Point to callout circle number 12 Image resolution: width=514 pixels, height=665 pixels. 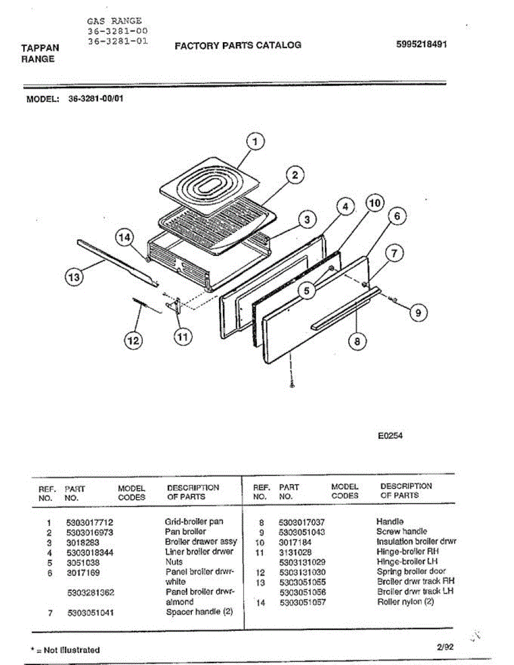click(133, 340)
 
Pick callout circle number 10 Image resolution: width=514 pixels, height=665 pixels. click(375, 203)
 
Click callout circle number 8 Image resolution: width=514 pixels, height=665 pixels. click(357, 341)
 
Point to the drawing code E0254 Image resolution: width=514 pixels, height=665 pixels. click(390, 436)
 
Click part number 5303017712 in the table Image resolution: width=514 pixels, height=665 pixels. click(89, 522)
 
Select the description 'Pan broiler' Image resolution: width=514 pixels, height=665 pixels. click(185, 531)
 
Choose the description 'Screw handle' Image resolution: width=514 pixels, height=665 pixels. click(401, 531)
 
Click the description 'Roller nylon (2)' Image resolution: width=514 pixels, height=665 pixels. click(405, 602)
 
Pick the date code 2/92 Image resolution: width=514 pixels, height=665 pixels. click(444, 646)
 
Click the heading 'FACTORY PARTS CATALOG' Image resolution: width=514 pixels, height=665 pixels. click(238, 45)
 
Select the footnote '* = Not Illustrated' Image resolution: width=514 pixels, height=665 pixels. click(65, 649)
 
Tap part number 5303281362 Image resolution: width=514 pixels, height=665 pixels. click(90, 592)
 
